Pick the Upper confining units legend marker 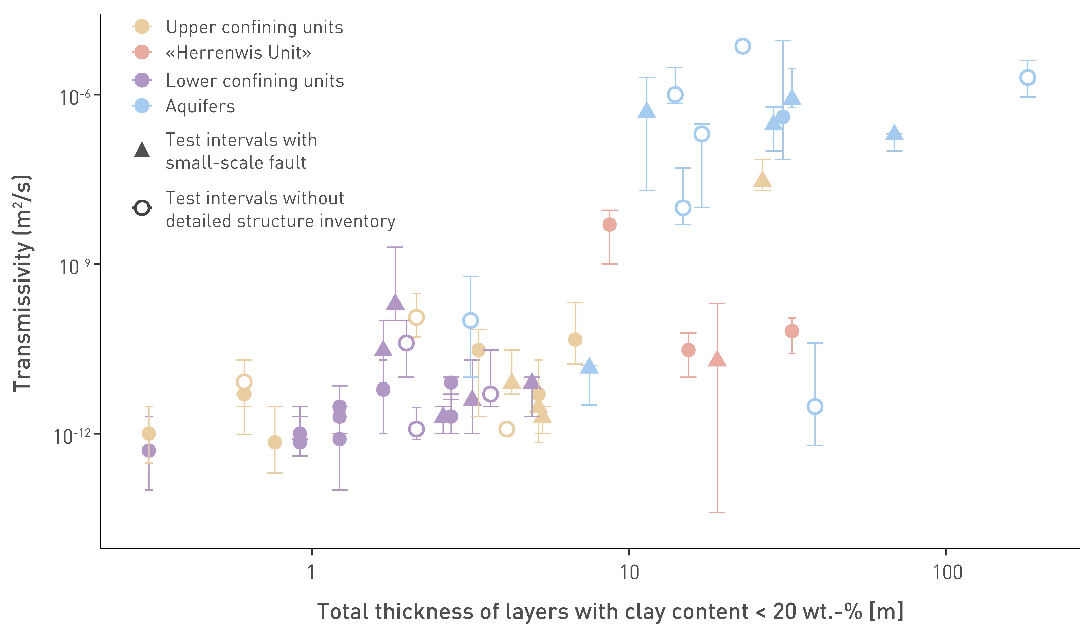(x=142, y=27)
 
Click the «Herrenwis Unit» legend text (x=239, y=53)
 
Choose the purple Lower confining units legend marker (x=142, y=80)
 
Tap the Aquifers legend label (x=200, y=106)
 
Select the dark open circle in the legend (x=142, y=208)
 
